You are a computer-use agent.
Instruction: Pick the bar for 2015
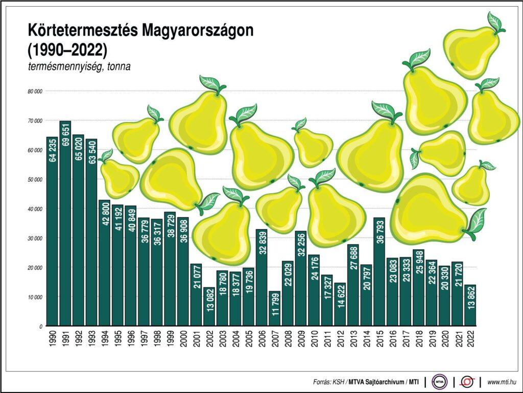pyautogui.click(x=379, y=271)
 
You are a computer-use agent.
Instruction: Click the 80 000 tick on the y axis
pyautogui.click(x=35, y=91)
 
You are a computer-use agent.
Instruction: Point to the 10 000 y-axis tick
pyautogui.click(x=35, y=297)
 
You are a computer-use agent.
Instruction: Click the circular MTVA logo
pyautogui.click(x=439, y=382)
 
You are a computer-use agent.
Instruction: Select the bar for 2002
pyautogui.click(x=209, y=306)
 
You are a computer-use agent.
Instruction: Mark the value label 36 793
pyautogui.click(x=379, y=240)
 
